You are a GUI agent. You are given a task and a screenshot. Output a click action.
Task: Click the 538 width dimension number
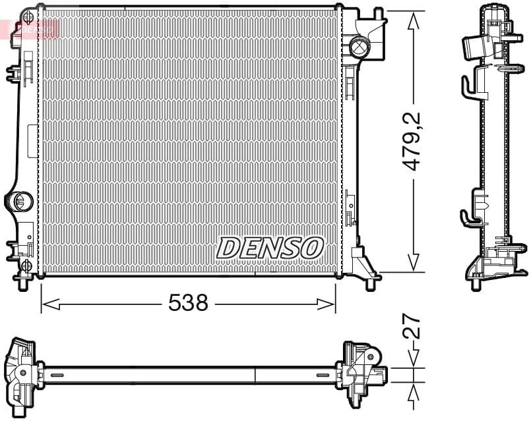click(188, 303)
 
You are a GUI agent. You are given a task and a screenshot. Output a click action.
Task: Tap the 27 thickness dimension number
click(412, 327)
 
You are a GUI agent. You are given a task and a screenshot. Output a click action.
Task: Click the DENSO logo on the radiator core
click(270, 248)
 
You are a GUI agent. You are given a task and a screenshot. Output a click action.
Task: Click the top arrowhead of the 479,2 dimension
click(414, 20)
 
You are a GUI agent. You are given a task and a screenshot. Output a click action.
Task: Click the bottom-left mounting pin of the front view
click(24, 283)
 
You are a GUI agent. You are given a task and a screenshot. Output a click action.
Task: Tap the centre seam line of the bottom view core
click(255, 375)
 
